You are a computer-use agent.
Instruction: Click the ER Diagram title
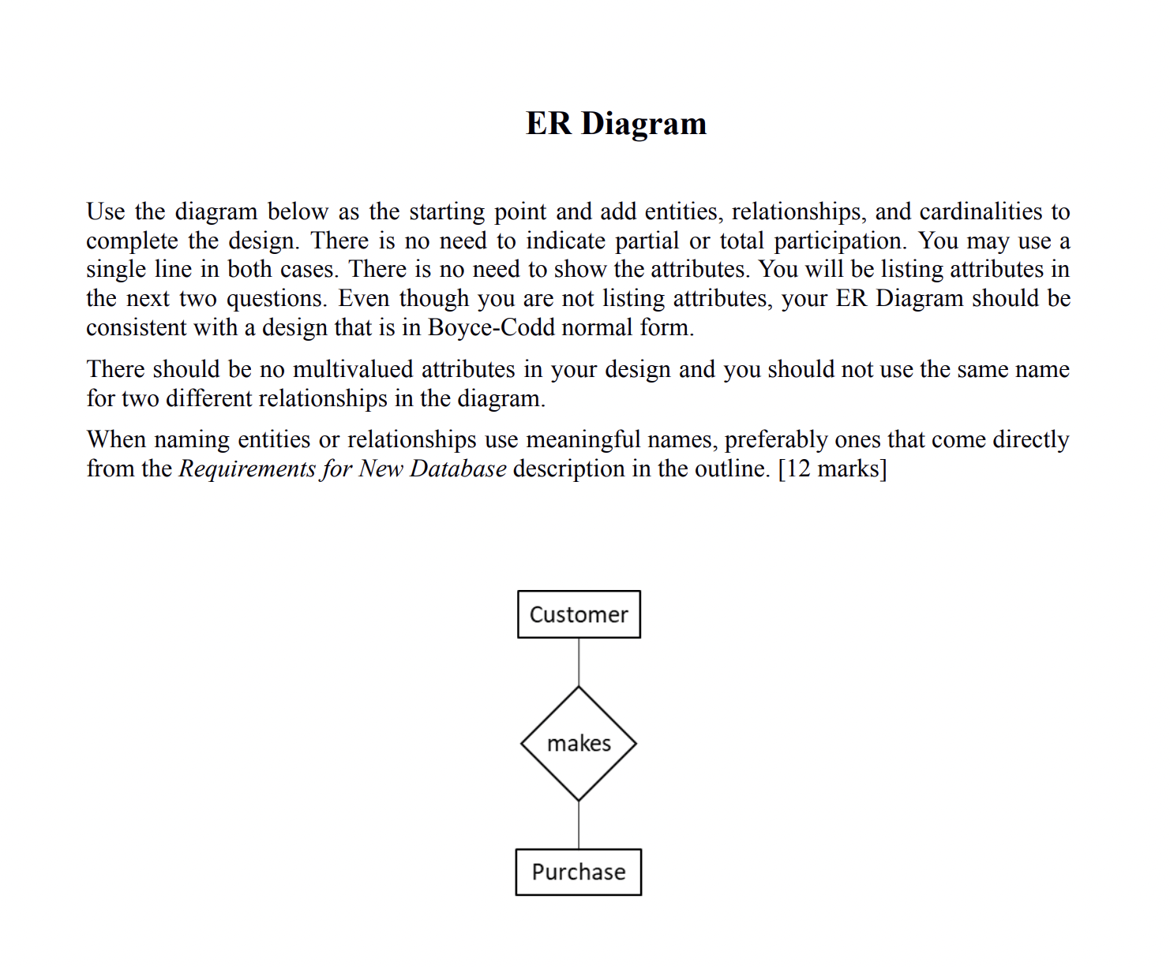pos(616,124)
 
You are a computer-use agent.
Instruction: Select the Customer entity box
pos(579,614)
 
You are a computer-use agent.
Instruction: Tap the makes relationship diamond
pos(579,744)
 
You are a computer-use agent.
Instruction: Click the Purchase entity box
pos(579,872)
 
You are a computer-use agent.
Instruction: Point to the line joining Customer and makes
pos(579,662)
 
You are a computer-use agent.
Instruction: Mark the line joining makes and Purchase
pos(579,825)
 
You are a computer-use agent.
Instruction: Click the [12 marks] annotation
pos(832,469)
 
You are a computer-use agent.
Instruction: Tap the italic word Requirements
pos(247,469)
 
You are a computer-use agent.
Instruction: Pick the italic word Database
pos(458,469)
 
